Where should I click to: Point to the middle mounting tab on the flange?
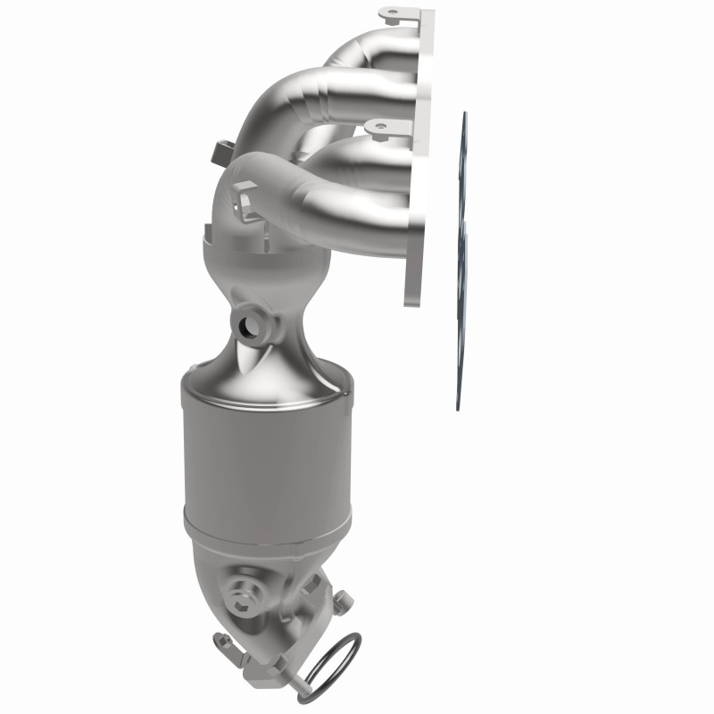pos(379,130)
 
